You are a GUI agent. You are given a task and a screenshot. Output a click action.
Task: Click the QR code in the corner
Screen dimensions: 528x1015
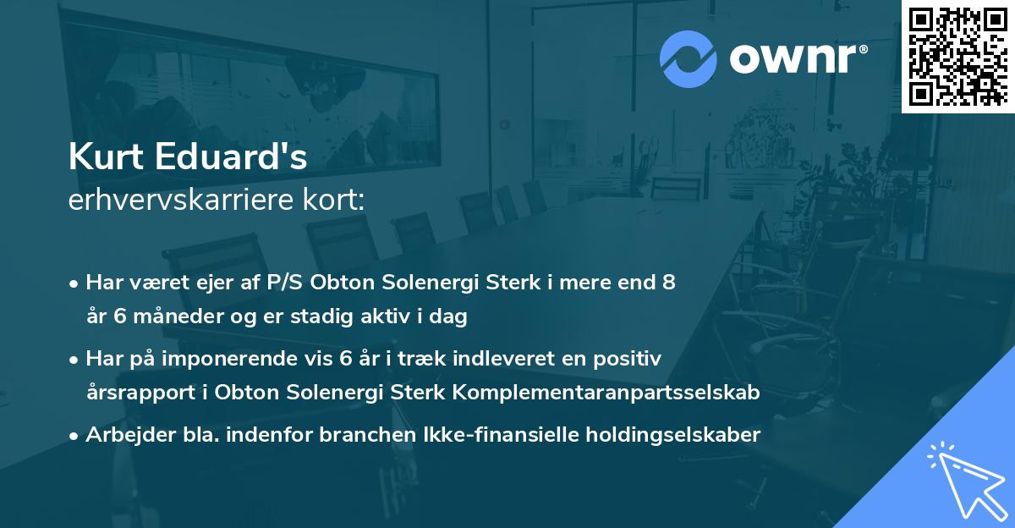pos(957,56)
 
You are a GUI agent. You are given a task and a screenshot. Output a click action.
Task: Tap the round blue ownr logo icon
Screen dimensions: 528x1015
pos(689,59)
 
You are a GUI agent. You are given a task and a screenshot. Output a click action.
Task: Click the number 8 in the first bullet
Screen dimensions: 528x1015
pos(669,283)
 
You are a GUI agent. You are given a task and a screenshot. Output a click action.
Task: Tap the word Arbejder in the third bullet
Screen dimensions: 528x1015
pos(123,435)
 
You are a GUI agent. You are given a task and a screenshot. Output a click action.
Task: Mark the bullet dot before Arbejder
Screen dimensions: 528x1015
pos(75,436)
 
